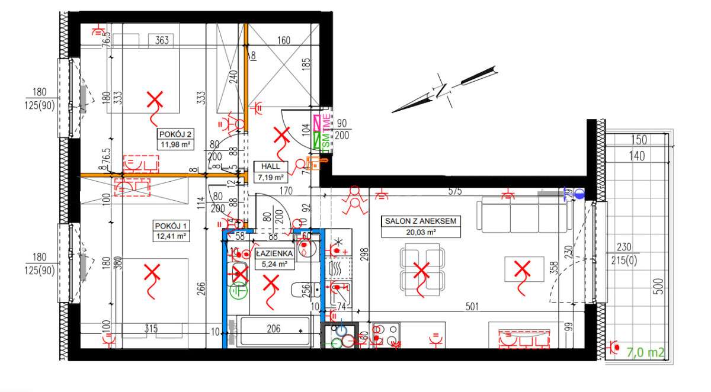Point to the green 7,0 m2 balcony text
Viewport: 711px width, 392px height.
(x=645, y=353)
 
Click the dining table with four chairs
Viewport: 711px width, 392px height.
(x=421, y=271)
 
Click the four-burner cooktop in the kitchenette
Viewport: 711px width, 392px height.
(x=386, y=335)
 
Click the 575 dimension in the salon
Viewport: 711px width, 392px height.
(x=455, y=192)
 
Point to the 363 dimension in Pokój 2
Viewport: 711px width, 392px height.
(x=162, y=41)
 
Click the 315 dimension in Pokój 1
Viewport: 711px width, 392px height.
(x=152, y=329)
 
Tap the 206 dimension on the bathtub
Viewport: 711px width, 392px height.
(x=274, y=329)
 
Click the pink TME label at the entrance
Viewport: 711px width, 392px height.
(x=326, y=121)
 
